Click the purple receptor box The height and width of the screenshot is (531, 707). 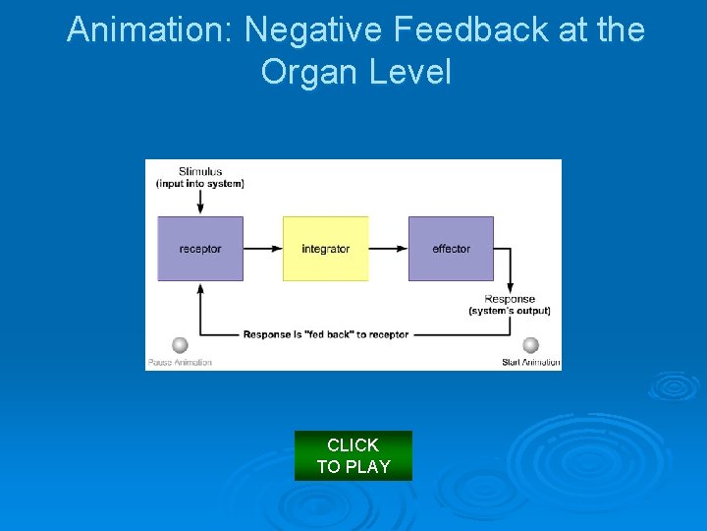click(x=200, y=249)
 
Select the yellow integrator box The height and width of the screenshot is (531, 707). click(x=325, y=249)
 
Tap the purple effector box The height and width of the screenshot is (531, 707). click(x=451, y=249)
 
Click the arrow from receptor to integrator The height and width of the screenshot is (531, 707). click(x=262, y=249)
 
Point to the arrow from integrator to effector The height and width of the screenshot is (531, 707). click(x=388, y=249)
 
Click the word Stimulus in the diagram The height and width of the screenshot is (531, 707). click(x=200, y=171)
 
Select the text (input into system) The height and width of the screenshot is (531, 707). click(x=200, y=183)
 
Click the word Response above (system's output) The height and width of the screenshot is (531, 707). click(x=510, y=299)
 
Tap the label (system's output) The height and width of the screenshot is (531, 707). click(x=510, y=311)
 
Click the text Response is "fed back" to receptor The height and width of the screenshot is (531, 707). click(x=326, y=334)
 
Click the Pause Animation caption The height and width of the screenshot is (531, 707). click(x=180, y=362)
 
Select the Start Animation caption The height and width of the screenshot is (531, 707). click(x=531, y=362)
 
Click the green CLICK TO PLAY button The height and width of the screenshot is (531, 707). click(x=353, y=455)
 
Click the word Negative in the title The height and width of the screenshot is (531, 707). click(x=313, y=29)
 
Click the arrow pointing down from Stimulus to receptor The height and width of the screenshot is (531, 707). click(x=200, y=202)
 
